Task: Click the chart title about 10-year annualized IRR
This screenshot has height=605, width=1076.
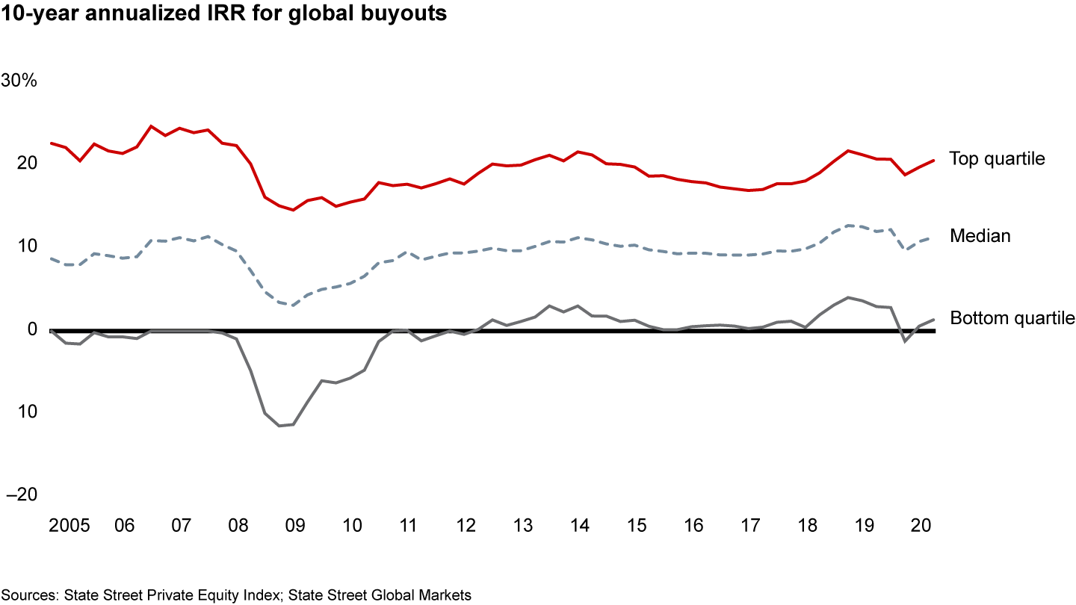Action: point(223,14)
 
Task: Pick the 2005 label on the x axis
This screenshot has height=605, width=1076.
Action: point(69,525)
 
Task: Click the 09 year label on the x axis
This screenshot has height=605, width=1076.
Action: point(294,525)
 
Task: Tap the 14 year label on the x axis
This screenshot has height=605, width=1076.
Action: point(579,525)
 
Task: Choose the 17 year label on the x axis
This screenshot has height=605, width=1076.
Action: point(749,525)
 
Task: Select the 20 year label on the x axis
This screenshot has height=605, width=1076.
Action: point(921,525)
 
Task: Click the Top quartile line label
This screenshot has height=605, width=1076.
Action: point(997,158)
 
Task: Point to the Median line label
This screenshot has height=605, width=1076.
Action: point(980,236)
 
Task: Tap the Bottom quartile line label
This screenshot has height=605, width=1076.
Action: point(1012,318)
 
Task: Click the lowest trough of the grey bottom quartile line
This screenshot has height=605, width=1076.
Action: point(279,426)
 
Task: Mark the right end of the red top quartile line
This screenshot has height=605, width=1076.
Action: point(934,161)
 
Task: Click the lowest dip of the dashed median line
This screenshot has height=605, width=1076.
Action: point(293,305)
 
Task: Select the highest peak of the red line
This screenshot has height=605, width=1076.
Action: point(151,126)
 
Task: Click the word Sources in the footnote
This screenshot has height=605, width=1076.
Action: point(30,595)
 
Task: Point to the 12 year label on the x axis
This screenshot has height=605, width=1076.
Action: point(466,525)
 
